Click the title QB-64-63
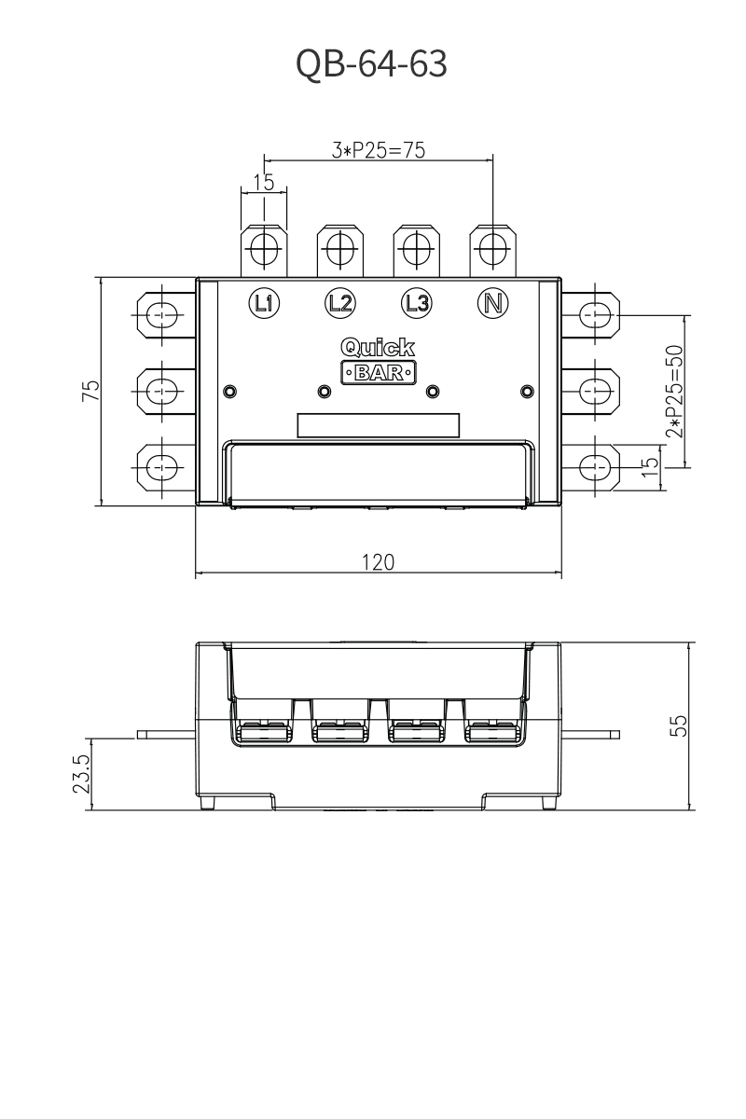point(371,63)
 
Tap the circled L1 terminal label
point(264,303)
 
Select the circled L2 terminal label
point(340,303)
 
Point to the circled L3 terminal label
point(417,303)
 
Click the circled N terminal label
point(493,303)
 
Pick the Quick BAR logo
point(379,361)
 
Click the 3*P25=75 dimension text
point(379,150)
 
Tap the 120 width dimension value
point(379,562)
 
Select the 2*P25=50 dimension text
point(674,391)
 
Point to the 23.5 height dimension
point(81,773)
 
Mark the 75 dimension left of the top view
point(91,391)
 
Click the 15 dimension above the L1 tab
point(264,183)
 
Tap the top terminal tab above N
point(492,251)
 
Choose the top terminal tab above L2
point(340,251)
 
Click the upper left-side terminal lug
point(166,315)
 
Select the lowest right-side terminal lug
point(590,467)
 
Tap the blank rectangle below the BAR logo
point(379,425)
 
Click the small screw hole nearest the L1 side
point(229,391)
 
